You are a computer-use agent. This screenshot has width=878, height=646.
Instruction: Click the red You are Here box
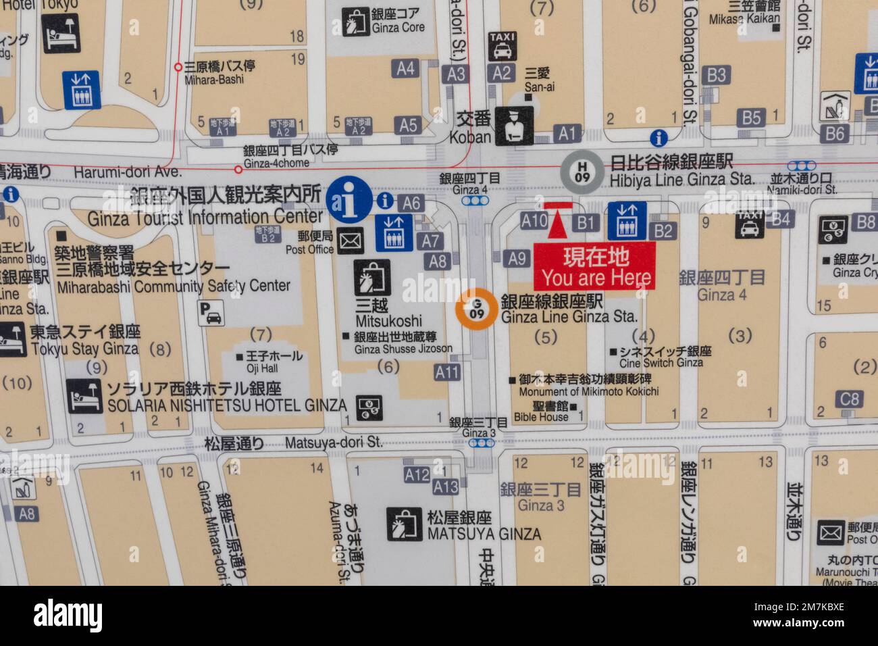[x=594, y=266]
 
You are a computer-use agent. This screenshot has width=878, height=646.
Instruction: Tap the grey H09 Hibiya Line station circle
[x=578, y=169]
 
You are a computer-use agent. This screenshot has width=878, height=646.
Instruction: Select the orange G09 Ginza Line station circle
[x=476, y=309]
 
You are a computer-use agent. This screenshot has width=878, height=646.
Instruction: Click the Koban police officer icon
[x=515, y=126]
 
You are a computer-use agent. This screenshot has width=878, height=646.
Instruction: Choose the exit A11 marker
[x=446, y=372]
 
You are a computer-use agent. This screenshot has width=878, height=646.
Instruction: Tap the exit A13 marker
[x=445, y=486]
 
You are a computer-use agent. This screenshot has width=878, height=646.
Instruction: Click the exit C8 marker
[x=849, y=399]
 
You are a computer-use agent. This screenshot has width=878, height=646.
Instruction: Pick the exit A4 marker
[x=405, y=68]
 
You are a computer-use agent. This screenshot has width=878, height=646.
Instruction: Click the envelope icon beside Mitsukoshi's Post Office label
[x=351, y=239]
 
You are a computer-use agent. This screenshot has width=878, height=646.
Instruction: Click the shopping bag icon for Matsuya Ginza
[x=404, y=525]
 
